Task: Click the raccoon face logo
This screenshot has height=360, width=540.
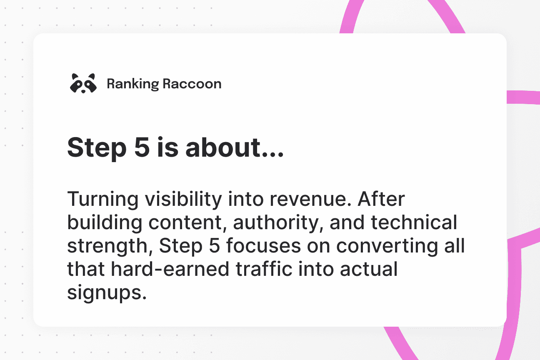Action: (x=83, y=83)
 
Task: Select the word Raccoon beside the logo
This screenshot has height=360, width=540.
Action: (x=192, y=84)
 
